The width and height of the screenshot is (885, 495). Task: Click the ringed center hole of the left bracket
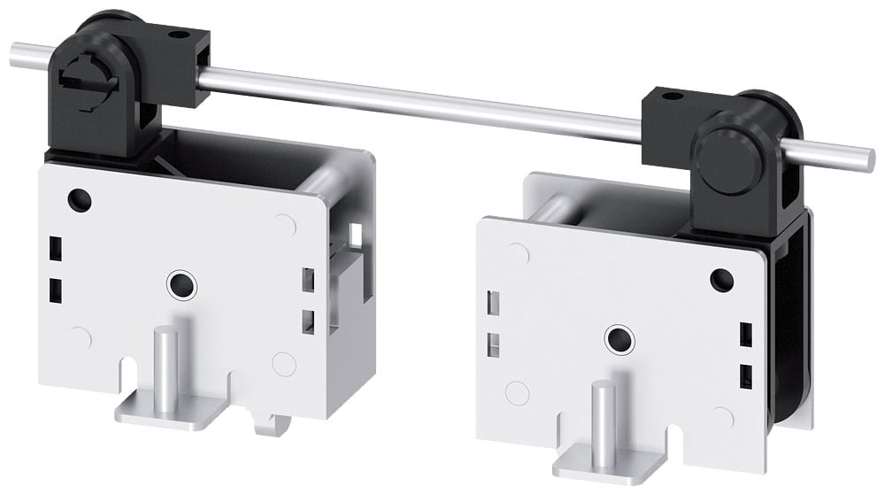pyautogui.click(x=182, y=283)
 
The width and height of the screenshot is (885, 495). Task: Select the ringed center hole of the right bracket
pyautogui.click(x=616, y=338)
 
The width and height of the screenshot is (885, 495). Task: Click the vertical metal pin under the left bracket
pyautogui.click(x=165, y=364)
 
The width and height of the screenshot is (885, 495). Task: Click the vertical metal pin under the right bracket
pyautogui.click(x=600, y=416)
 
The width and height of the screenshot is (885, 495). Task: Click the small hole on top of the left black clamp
pyautogui.click(x=182, y=35)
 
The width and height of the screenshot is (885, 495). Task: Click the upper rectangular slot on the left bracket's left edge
pyautogui.click(x=54, y=245)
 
